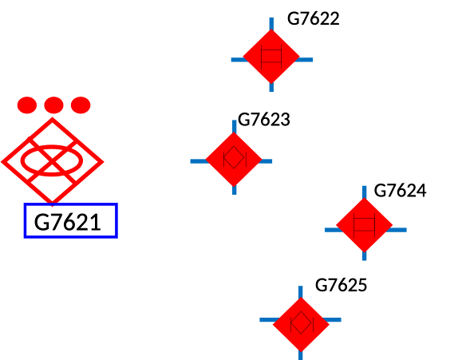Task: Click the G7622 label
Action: pyautogui.click(x=313, y=18)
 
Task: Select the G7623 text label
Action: pyautogui.click(x=264, y=120)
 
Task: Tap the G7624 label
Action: pyautogui.click(x=400, y=191)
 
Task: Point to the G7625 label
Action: pyautogui.click(x=341, y=285)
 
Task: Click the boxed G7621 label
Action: pyautogui.click(x=71, y=221)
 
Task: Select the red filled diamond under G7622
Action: pyautogui.click(x=271, y=57)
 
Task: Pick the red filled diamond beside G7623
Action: pyautogui.click(x=234, y=160)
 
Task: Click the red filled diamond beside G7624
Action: pyautogui.click(x=364, y=225)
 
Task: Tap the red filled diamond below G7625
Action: pyautogui.click(x=301, y=324)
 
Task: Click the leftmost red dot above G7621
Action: pyautogui.click(x=27, y=105)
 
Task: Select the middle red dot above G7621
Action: pyautogui.click(x=53, y=105)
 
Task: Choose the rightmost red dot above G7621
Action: pyautogui.click(x=81, y=105)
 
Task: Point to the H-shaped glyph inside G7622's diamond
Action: pyautogui.click(x=271, y=56)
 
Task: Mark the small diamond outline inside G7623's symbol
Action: pyautogui.click(x=234, y=157)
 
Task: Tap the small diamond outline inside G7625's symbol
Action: pyautogui.click(x=301, y=322)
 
